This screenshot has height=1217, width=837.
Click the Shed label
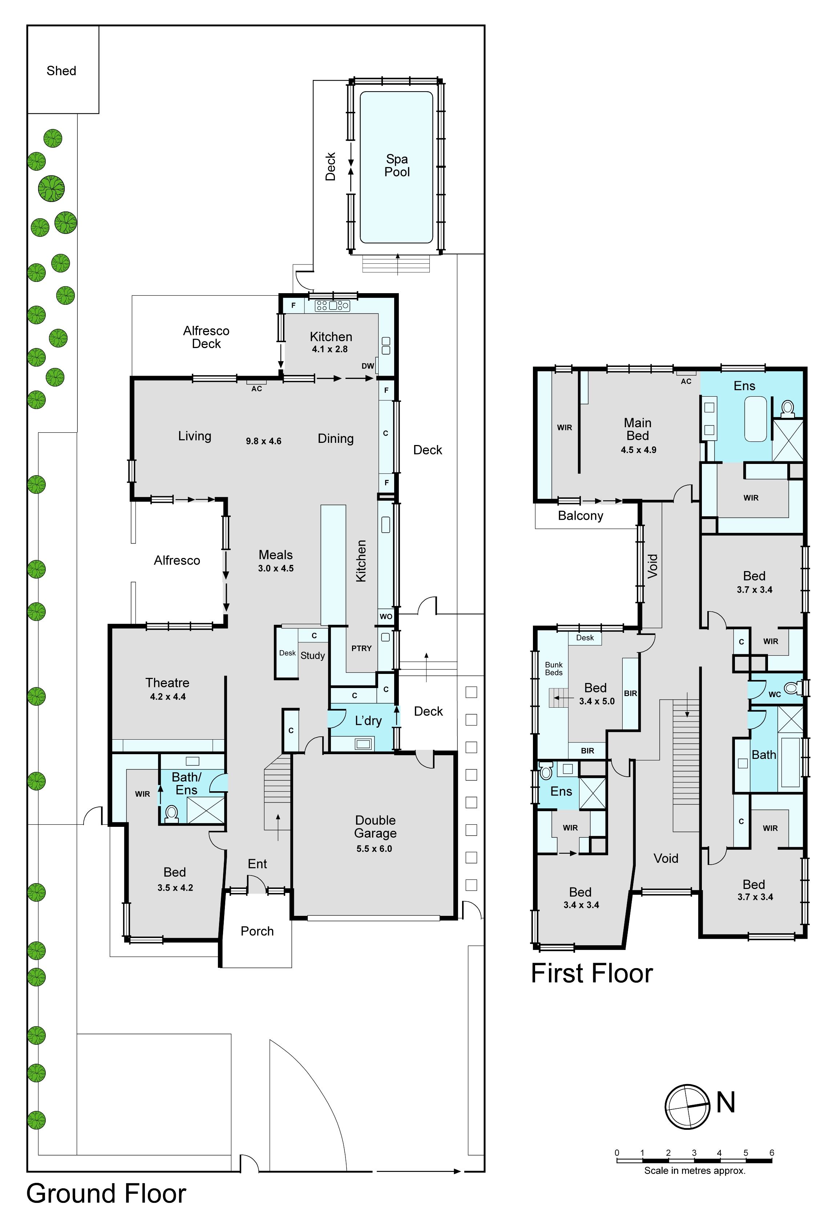(x=61, y=71)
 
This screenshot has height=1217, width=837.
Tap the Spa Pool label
(x=397, y=165)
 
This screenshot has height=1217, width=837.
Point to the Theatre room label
(x=167, y=683)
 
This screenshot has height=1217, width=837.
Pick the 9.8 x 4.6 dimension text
(x=264, y=441)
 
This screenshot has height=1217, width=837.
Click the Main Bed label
(x=638, y=429)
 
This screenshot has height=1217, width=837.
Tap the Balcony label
(x=581, y=516)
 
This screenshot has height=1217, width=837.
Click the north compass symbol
(x=688, y=1107)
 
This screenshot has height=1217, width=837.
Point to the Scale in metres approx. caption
(x=695, y=1170)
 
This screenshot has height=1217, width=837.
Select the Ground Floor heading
(x=106, y=1194)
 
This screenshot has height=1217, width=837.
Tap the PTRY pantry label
(x=361, y=648)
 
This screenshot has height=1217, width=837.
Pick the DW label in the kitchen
(x=368, y=366)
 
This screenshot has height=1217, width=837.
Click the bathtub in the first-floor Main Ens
(x=756, y=419)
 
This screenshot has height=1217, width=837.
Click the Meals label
(x=276, y=555)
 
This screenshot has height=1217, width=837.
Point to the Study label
(x=312, y=655)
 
